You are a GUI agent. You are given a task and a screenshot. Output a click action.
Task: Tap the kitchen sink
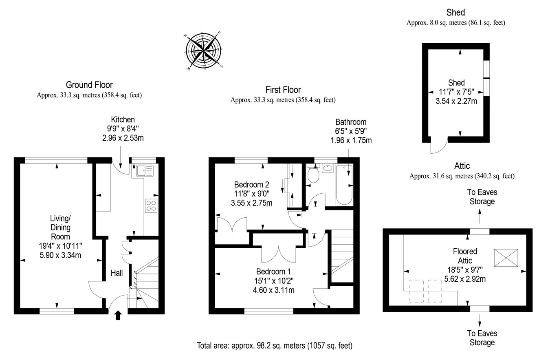tap(145, 170)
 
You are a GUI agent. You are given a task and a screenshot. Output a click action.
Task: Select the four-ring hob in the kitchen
tap(151, 205)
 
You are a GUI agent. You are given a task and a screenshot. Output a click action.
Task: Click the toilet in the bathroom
tap(313, 174)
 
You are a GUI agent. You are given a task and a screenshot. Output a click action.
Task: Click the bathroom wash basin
tap(327, 168)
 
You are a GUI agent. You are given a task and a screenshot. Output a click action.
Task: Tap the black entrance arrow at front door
tap(118, 315)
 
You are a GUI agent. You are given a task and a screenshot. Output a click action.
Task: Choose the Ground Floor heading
tap(89, 85)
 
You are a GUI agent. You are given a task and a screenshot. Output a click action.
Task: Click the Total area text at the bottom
tap(275, 345)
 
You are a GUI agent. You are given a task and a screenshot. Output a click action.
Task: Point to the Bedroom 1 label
tap(273, 272)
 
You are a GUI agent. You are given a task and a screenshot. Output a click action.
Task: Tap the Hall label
tap(117, 273)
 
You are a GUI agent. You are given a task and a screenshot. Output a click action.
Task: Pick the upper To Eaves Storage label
tap(482, 197)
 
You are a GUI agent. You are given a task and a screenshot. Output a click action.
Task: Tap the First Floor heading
tap(283, 90)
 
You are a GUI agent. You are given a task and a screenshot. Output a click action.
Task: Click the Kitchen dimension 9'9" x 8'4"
tap(123, 129)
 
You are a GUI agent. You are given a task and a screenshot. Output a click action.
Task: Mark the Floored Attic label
tap(465, 256)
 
